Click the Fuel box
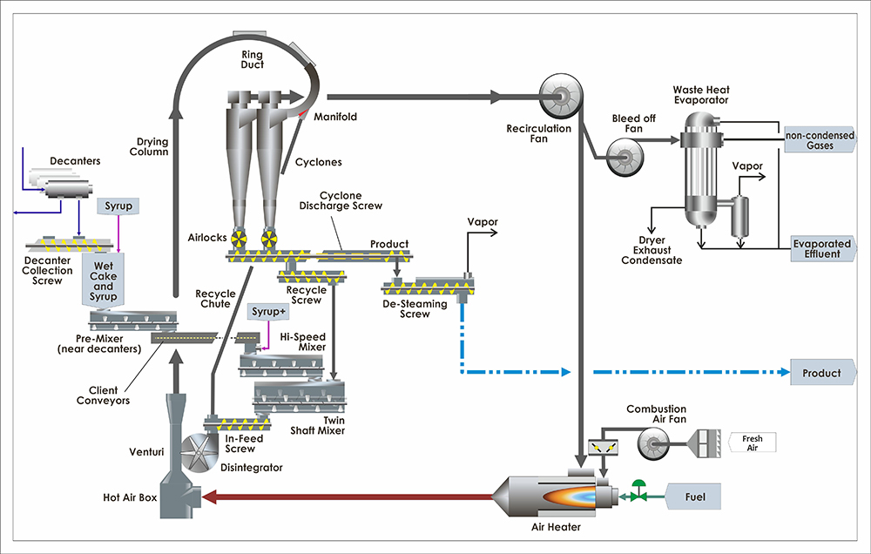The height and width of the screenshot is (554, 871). pos(694,498)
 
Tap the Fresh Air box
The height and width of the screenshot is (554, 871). pos(751,443)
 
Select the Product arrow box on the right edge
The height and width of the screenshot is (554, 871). pos(821,373)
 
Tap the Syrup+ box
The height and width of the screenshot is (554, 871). pos(266,311)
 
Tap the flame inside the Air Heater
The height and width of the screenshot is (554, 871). pos(564,497)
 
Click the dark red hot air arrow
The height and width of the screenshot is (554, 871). pos(348,498)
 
